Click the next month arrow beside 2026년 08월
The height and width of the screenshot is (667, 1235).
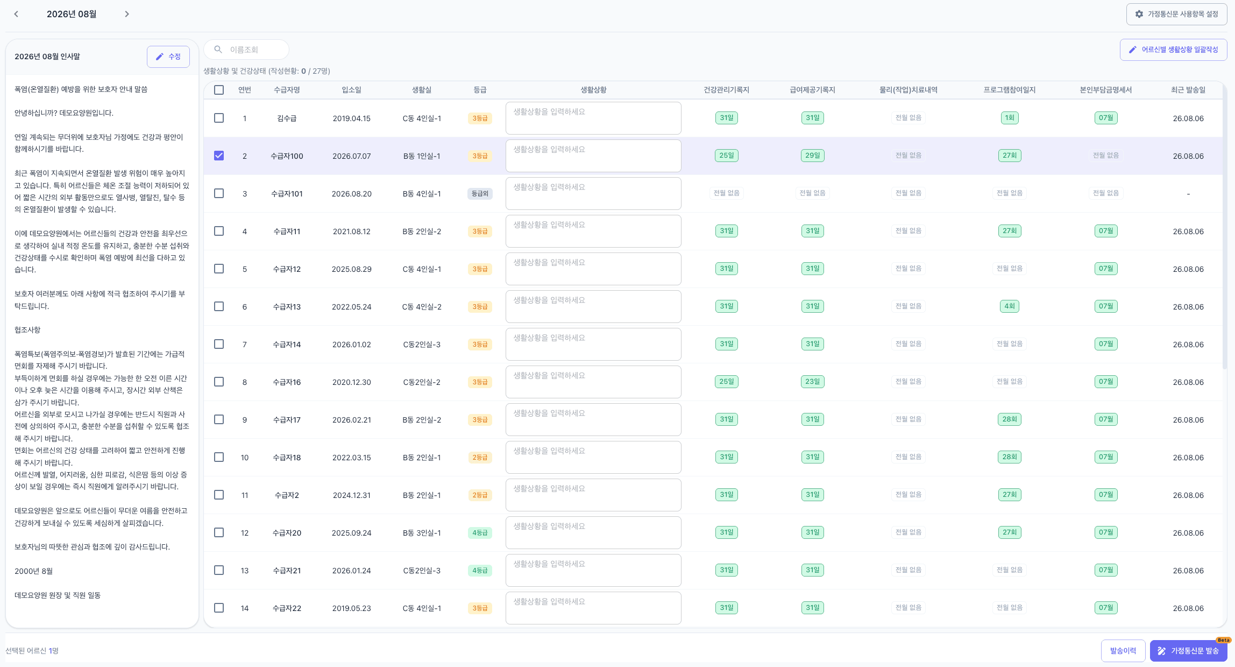127,14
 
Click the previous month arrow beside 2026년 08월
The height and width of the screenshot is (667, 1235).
16,14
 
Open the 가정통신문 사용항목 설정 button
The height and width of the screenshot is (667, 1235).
1176,14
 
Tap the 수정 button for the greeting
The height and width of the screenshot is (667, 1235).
168,57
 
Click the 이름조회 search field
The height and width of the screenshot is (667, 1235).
246,50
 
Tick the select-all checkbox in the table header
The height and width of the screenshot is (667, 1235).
219,90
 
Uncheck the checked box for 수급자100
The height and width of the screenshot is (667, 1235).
219,156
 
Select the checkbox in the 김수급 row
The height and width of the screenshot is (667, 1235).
219,118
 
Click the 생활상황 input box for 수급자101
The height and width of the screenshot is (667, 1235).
593,193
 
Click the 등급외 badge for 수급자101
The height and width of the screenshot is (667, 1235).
480,193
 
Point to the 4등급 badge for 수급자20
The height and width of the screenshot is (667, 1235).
480,532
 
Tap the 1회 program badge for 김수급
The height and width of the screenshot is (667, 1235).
1010,118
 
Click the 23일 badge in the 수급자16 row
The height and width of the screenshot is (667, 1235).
812,382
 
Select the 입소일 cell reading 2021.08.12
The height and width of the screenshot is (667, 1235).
352,231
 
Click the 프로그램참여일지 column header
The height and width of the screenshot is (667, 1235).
1010,90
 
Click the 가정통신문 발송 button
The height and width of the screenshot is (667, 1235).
1188,651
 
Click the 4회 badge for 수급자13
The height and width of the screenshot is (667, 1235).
1010,306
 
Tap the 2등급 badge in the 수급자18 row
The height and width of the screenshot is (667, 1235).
480,457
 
